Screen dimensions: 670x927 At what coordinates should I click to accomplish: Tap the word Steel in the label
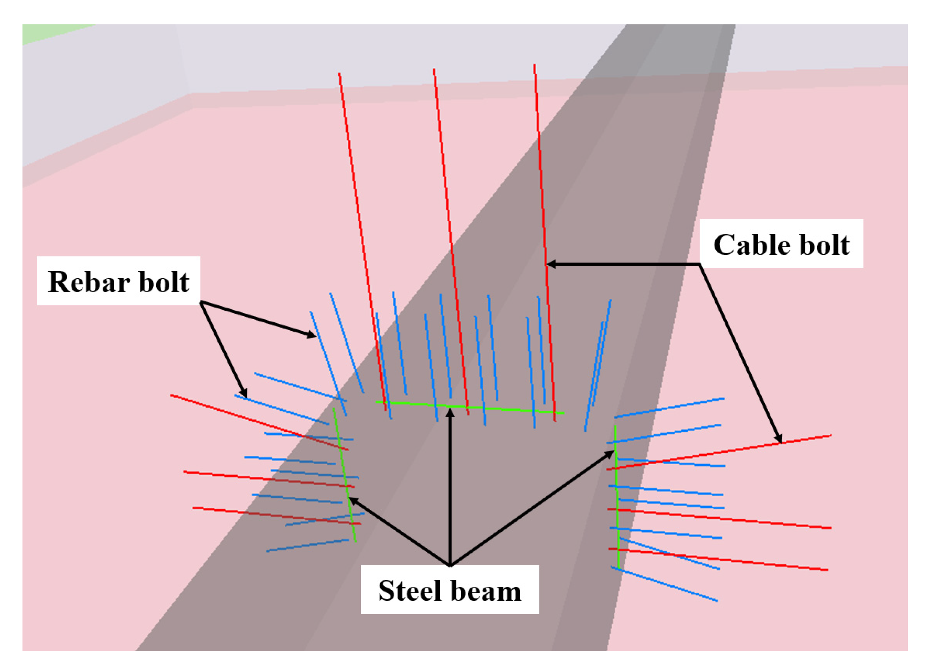pyautogui.click(x=409, y=591)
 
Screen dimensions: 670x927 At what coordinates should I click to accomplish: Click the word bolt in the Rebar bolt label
pyautogui.click(x=164, y=282)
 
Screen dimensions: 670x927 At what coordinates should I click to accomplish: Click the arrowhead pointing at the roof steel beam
pyautogui.click(x=450, y=414)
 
